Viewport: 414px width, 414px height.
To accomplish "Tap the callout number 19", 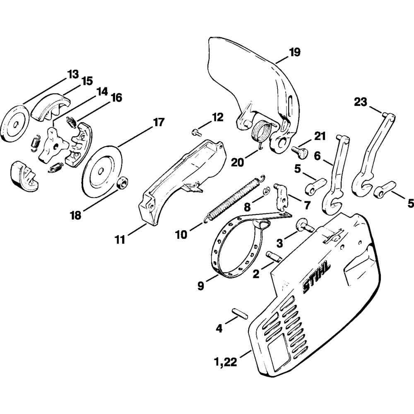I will point(295,53).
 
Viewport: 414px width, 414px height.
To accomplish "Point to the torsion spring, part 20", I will point(262,131).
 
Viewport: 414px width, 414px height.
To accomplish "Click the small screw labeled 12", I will point(195,132).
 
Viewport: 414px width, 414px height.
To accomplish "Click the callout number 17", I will point(159,123).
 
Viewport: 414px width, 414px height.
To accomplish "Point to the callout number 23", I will point(361,102).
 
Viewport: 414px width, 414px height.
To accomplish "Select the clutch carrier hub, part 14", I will point(53,146).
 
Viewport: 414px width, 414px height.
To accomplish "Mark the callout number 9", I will point(200,286).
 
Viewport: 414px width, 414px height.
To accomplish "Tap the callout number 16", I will point(116,98).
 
